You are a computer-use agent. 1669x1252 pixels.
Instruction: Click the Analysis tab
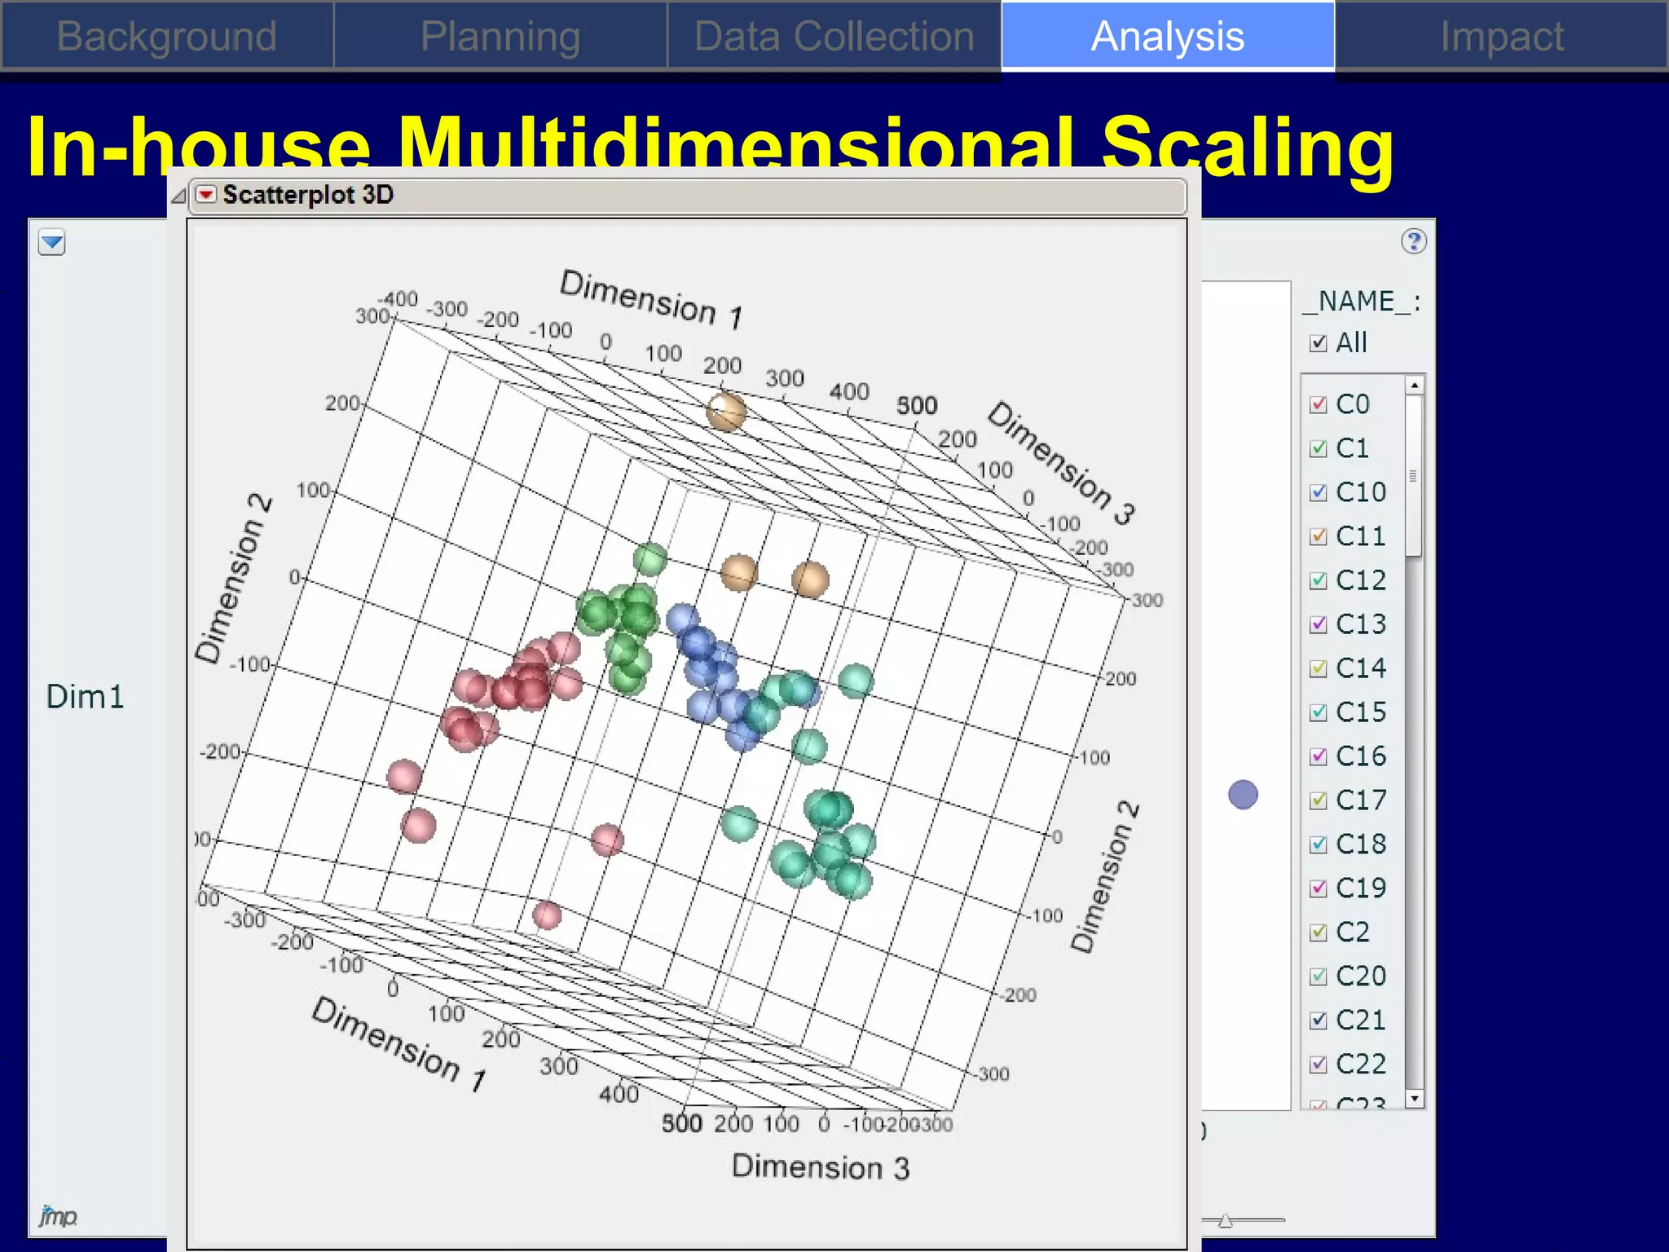point(1167,37)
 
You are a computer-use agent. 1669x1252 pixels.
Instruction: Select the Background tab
point(167,37)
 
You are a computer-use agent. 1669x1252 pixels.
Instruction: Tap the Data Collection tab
point(834,37)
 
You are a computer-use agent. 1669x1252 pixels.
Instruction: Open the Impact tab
point(1501,37)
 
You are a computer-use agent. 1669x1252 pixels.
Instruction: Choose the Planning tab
point(500,37)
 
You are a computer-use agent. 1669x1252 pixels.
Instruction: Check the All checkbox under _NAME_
point(1318,343)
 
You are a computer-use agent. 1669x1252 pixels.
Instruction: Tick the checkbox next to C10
point(1318,493)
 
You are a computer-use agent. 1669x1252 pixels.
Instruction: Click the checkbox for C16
point(1318,757)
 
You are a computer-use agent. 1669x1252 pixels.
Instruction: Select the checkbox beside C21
point(1318,1021)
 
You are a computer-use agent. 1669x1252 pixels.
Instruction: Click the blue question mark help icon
point(1414,241)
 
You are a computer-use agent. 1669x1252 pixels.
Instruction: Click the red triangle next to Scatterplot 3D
point(206,194)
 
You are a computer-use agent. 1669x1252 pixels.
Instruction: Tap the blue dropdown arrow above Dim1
point(52,242)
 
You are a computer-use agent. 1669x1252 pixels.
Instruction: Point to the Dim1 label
point(85,697)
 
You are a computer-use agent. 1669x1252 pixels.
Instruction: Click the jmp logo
point(58,1216)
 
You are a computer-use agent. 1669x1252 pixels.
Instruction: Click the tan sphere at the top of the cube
point(725,412)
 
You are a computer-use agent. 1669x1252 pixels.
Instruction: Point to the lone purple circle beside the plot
point(1243,795)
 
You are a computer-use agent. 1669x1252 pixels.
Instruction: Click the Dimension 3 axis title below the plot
point(820,1167)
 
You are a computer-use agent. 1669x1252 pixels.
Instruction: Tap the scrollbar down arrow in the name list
point(1415,1099)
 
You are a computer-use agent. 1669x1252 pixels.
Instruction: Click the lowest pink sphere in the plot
point(547,915)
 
